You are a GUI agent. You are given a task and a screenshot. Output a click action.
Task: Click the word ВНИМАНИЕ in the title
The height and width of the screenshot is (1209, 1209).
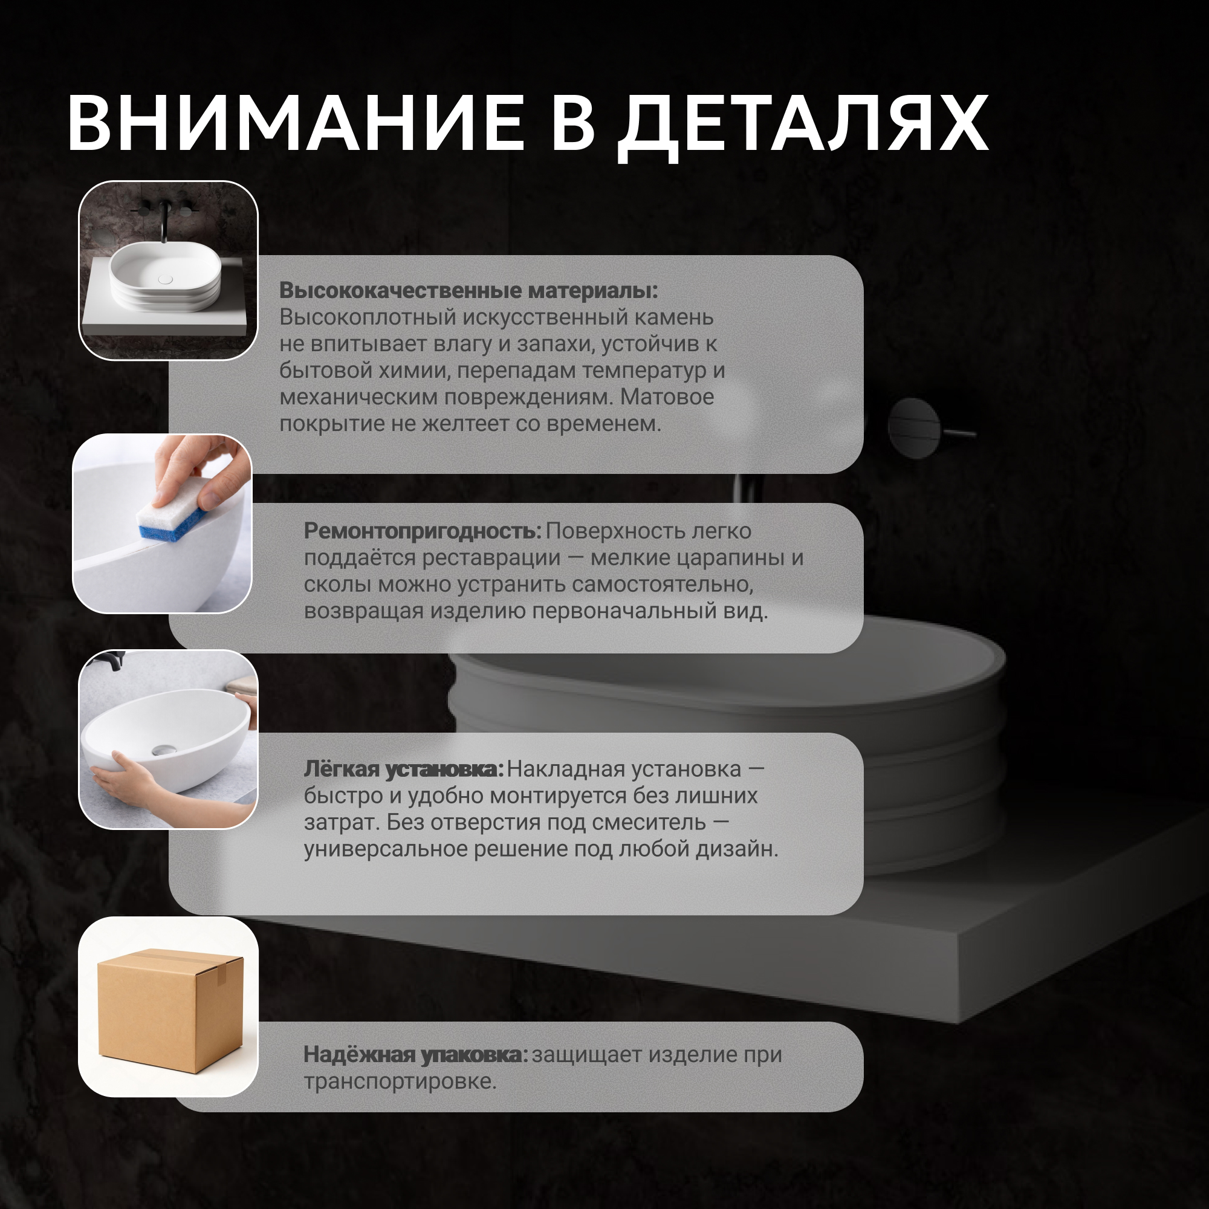(296, 123)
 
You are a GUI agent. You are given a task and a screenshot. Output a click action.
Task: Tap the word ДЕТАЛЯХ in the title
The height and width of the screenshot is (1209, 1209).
(803, 127)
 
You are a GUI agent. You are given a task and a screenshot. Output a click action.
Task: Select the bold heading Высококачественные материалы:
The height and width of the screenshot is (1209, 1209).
(468, 290)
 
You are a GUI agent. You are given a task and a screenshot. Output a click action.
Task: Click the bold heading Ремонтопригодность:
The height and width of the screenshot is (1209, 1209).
(423, 531)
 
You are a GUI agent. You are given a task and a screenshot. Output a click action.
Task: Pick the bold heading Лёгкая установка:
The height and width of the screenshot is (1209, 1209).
(404, 769)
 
